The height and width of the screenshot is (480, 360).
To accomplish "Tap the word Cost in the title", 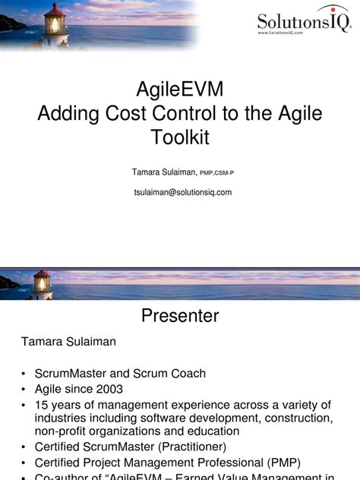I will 150,114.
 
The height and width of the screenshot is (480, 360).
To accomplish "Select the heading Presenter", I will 180,316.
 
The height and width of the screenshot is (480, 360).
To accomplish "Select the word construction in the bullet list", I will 293,418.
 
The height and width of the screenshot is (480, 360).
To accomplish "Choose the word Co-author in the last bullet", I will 62,475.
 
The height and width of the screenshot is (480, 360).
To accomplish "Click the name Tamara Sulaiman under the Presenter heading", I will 68,342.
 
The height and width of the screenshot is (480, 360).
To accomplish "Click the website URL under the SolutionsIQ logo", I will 292,33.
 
